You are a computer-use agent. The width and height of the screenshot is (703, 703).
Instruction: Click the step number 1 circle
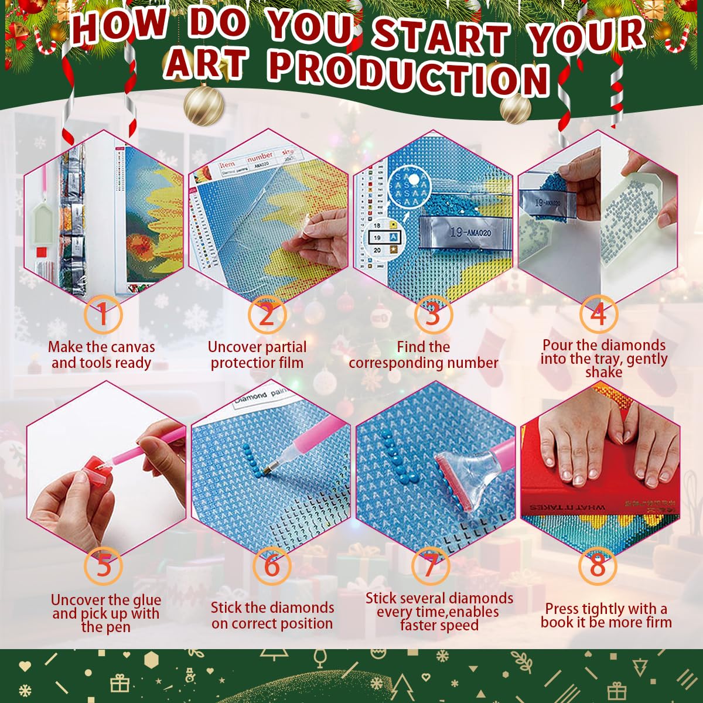103,315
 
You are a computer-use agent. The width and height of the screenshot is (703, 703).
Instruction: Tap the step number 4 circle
598,315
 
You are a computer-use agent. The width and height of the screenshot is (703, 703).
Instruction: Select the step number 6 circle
272,567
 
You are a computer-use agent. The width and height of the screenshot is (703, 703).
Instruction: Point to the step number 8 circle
598,567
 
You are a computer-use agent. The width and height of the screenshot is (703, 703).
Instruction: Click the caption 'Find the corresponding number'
423,355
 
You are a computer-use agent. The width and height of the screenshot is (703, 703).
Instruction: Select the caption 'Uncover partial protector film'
257,355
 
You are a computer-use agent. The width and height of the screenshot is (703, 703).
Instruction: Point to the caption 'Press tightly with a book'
606,616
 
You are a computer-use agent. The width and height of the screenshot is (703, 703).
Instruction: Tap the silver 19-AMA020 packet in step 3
455,233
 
